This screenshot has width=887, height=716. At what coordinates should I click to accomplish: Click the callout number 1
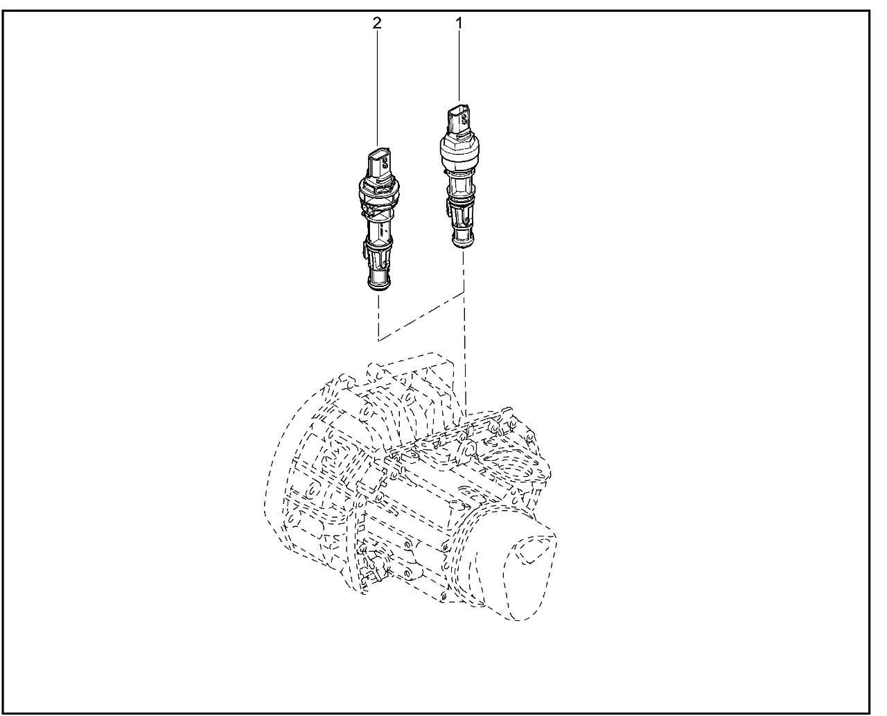click(x=459, y=24)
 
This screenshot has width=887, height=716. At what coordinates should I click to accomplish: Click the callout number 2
click(x=377, y=24)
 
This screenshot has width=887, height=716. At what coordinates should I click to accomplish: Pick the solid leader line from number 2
click(x=378, y=89)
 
